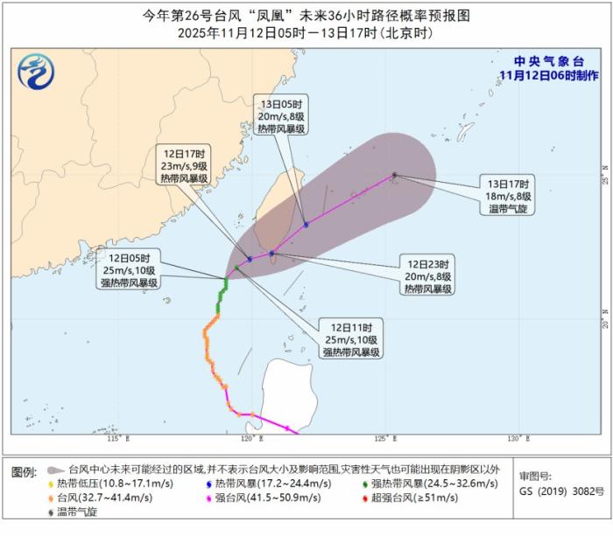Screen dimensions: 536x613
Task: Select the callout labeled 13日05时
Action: pos(280,116)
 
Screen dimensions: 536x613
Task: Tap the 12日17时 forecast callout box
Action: pos(183,165)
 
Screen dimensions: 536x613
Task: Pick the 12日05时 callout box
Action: pos(132,270)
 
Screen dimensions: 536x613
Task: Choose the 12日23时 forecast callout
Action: pos(426,275)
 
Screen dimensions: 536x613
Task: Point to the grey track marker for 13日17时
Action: pos(394,175)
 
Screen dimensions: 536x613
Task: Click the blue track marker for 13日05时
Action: pos(306,225)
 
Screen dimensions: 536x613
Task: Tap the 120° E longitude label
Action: pos(250,438)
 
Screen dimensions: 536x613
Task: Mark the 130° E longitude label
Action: pos(517,438)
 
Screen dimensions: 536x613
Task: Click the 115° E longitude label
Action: pos(117,438)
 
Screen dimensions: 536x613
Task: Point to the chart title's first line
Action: pos(306,15)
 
